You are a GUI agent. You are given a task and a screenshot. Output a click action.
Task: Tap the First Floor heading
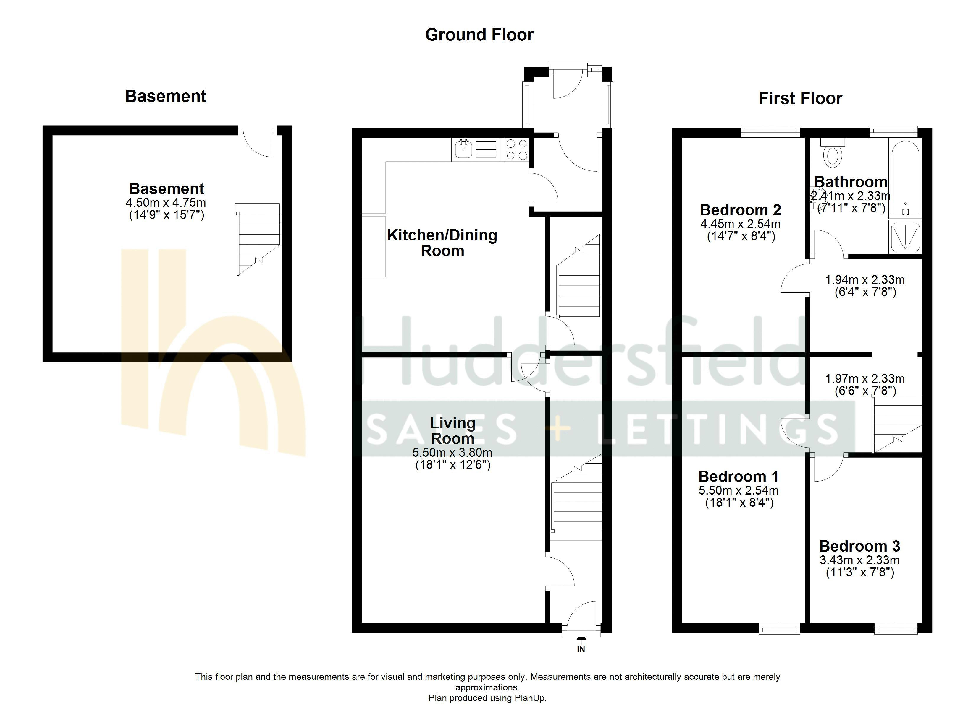point(800,98)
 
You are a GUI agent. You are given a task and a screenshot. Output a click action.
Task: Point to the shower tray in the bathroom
point(905,236)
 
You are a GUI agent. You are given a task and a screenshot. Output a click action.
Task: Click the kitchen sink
point(463,149)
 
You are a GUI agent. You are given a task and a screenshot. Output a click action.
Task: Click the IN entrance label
point(581,649)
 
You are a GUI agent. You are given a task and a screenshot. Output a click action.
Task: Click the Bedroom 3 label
point(859,546)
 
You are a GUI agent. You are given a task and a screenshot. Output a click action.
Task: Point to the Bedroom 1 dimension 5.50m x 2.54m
point(739,490)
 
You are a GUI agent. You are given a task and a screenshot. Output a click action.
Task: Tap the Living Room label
point(453,431)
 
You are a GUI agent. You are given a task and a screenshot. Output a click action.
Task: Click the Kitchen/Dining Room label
point(442,243)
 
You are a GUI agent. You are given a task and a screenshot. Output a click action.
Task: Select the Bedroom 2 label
point(741,210)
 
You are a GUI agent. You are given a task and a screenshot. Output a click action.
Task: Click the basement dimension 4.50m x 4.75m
point(166,203)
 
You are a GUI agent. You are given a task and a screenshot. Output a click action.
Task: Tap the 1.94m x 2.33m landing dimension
point(865,280)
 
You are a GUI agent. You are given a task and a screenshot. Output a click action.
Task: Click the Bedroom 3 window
point(896,629)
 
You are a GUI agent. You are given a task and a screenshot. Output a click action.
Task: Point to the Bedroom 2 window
point(770,131)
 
